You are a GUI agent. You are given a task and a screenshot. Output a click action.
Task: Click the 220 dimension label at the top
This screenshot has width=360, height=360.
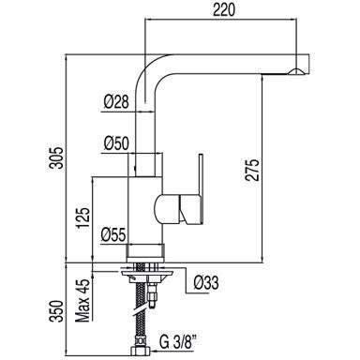pos(223,9)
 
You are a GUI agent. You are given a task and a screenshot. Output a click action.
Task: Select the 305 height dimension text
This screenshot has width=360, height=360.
pos(57,157)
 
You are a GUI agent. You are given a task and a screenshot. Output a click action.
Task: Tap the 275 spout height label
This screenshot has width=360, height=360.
pos(252,170)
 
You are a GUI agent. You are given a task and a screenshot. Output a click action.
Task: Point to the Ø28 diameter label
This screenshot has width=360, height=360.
pos(116,102)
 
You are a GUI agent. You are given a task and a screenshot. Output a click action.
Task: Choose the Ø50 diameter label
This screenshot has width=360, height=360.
pos(116,144)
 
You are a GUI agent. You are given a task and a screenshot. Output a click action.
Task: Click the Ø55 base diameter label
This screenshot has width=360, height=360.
pos(113,234)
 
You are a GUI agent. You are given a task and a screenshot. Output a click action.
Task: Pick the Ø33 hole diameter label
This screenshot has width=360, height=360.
pos(206,283)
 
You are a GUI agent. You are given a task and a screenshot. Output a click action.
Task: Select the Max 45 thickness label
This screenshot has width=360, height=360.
pos(82,301)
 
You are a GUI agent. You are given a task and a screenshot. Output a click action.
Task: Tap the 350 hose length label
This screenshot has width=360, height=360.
pos(57,311)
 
